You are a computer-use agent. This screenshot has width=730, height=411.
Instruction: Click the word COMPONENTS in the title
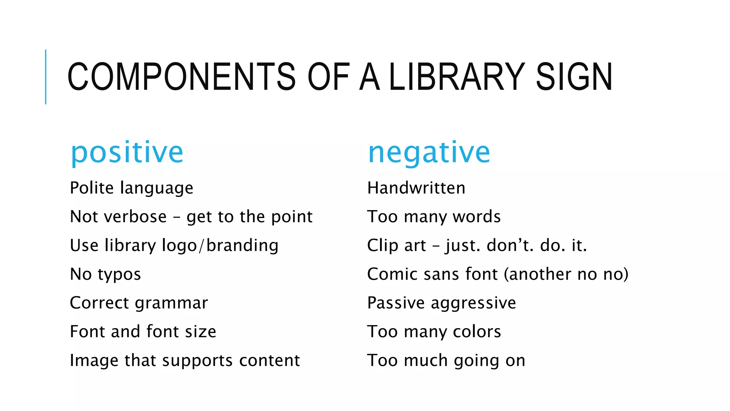pos(181,77)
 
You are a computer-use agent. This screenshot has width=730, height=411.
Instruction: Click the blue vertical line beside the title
pos(46,77)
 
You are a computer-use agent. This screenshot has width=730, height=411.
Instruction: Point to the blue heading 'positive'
pos(127,152)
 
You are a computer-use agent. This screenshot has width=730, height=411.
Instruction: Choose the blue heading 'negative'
pos(429,152)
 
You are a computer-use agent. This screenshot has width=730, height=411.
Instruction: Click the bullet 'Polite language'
pos(132,188)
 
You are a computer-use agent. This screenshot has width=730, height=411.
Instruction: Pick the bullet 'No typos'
pos(106,274)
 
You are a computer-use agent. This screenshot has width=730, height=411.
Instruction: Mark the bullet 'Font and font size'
pos(143,332)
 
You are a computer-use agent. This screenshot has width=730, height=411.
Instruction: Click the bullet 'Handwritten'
pos(416,188)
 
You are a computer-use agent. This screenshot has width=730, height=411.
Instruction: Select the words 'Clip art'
pos(396,245)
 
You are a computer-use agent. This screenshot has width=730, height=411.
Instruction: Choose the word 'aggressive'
pos(473,303)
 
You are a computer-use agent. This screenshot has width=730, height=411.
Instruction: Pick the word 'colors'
pos(477,332)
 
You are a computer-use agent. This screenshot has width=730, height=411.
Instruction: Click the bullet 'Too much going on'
pos(446,361)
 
